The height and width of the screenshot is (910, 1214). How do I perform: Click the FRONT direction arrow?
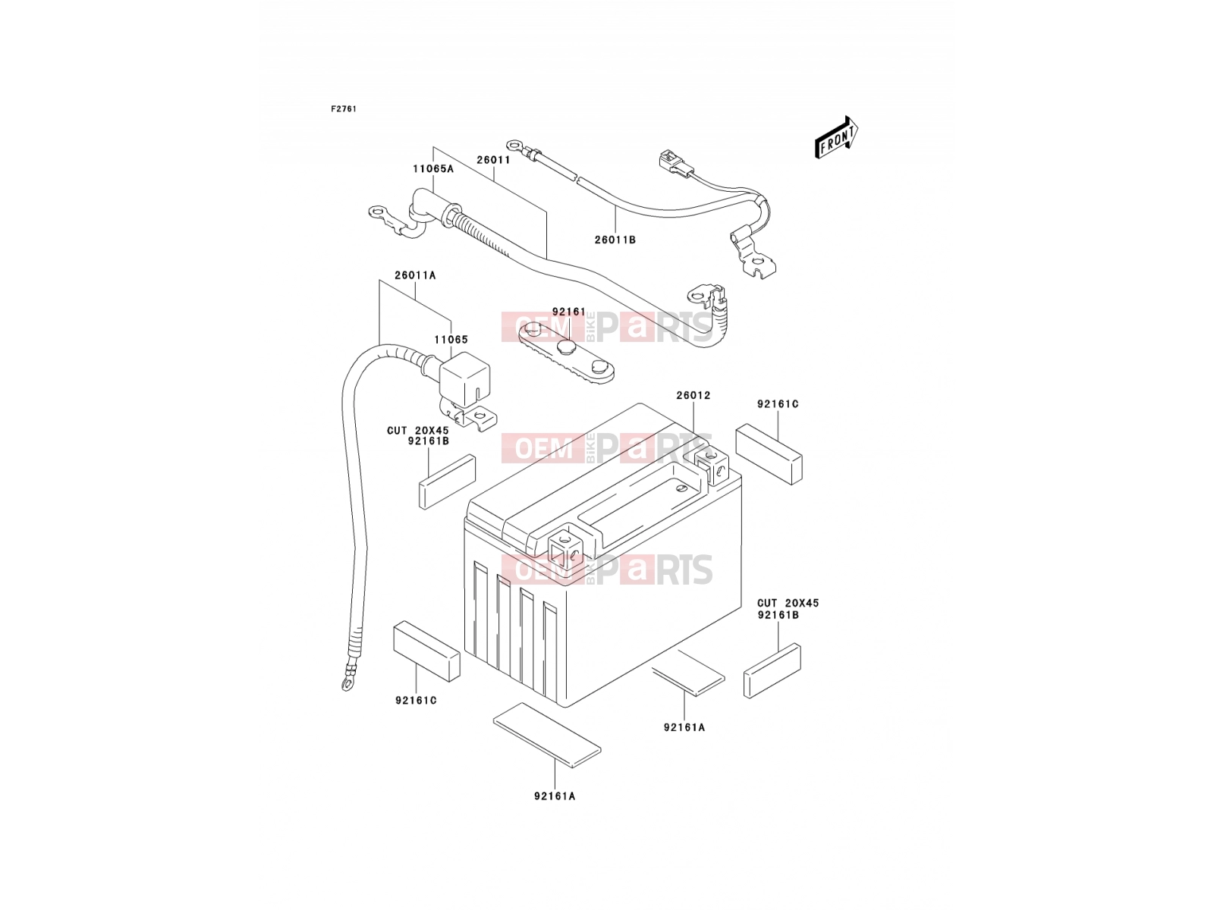coord(835,137)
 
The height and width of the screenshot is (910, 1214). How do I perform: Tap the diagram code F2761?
coord(344,109)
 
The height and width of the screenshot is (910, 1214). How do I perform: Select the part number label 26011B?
coord(615,240)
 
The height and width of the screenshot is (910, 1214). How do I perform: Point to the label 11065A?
coord(433,168)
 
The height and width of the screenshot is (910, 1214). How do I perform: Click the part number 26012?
coord(693,396)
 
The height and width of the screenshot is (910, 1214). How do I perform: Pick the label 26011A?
coord(415,275)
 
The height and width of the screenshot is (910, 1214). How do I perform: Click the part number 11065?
coord(451,340)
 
